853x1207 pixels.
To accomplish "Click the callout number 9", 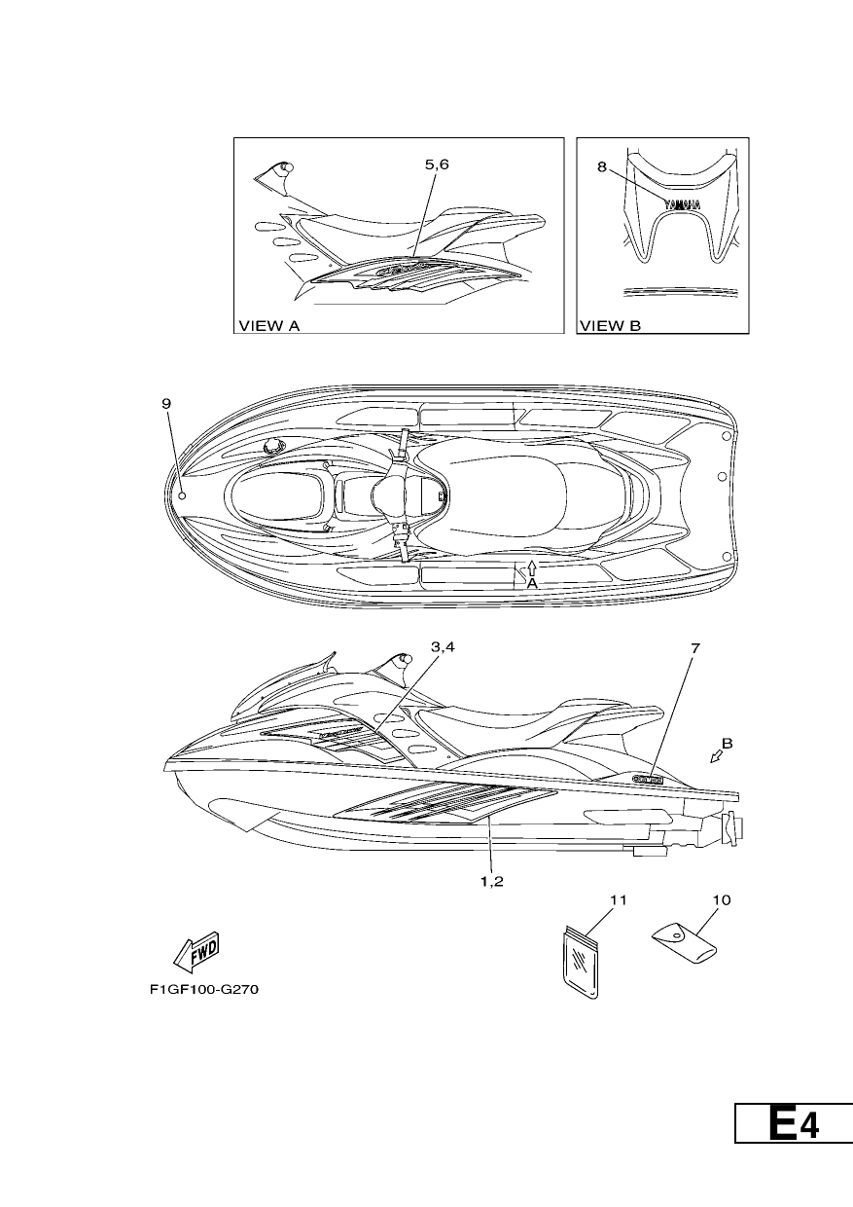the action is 166,403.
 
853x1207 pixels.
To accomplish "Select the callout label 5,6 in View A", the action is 437,165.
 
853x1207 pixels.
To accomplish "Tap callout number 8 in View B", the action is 601,167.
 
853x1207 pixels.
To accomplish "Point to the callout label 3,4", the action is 443,647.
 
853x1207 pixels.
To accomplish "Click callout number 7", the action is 695,648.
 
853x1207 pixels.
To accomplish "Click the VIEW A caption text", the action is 268,325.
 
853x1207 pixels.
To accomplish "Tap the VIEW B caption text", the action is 610,325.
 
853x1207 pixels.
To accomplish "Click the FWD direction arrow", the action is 196,952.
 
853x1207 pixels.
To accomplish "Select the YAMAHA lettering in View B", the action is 683,204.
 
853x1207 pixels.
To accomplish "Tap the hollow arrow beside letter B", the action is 717,758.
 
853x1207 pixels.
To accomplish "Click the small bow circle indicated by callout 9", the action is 182,495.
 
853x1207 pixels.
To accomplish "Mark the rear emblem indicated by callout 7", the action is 648,778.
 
